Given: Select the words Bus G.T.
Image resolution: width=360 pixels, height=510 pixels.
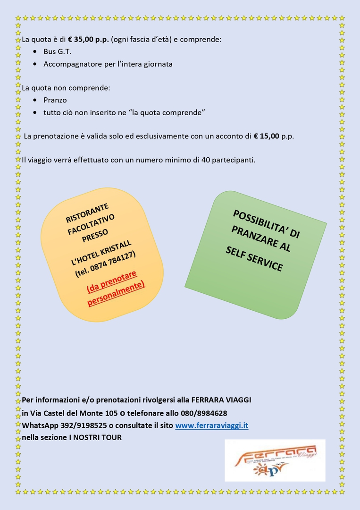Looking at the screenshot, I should tap(57, 51).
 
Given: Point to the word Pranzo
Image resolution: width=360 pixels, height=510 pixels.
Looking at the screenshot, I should tap(55, 100).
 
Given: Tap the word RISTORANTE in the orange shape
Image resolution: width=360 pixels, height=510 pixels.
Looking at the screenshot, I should tap(87, 212).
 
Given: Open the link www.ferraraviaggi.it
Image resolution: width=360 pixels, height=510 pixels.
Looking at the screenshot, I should tap(211, 425).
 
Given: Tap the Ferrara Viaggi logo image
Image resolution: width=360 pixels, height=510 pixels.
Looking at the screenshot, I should tap(275, 459).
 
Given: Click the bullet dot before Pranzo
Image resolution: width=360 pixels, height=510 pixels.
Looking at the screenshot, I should tap(35, 100).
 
